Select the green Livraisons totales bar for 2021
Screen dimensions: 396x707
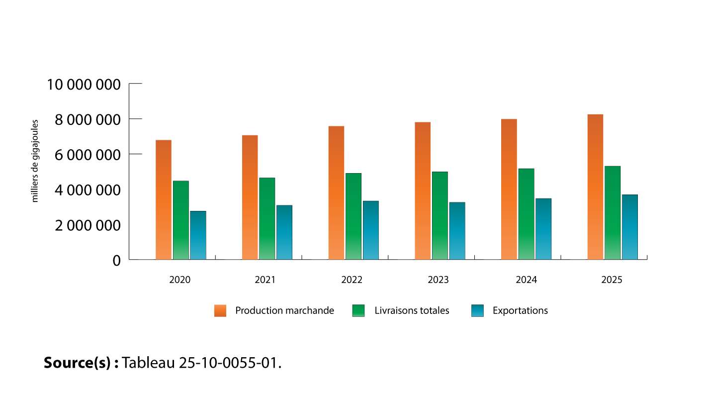267,219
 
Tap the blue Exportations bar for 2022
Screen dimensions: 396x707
370,230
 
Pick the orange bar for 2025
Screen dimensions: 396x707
595,187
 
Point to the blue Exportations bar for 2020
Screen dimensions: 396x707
198,235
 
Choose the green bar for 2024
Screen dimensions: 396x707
526,214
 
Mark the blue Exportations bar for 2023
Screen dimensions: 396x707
457,231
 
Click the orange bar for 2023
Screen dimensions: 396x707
423,191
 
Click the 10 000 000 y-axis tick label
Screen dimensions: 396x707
84,84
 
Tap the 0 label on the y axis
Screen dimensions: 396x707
116,261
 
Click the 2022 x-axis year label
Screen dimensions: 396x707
352,280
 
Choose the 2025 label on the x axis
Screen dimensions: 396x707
612,280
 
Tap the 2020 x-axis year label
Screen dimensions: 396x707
179,280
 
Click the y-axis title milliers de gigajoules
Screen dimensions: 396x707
35,161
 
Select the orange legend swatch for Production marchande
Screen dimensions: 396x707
220,310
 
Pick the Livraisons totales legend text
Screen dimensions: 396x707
412,310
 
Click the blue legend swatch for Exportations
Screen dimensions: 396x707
477,310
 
